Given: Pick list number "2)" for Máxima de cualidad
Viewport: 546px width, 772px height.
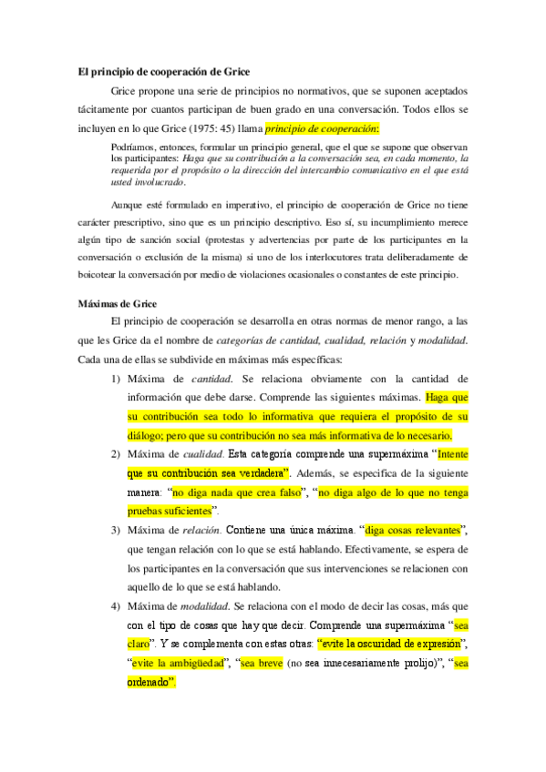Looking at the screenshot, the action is click(117, 454).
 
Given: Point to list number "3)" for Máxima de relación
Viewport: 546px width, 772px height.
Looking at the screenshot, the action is click(117, 531).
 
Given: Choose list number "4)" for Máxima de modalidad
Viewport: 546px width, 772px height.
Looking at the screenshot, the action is click(117, 606).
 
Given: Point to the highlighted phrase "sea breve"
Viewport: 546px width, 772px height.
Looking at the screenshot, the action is click(260, 664).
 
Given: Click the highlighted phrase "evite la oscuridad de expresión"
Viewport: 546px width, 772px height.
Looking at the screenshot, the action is click(390, 645).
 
